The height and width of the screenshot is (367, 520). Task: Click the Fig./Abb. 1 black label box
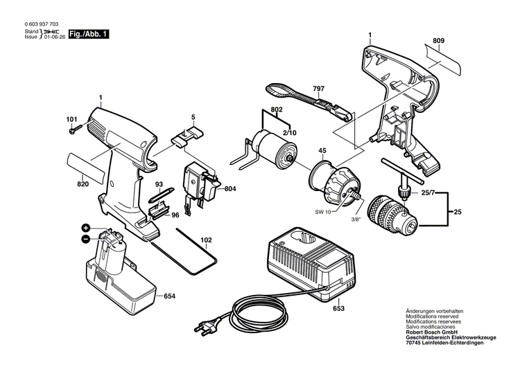coord(89,34)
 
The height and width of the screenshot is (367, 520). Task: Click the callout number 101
coord(71,119)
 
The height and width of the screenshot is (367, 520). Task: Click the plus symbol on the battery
coord(86,228)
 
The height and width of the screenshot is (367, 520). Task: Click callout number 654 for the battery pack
coord(169,296)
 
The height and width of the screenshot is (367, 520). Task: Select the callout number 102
coord(206,241)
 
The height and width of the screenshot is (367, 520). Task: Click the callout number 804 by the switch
coord(230,188)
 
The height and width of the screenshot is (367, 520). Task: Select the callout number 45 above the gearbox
coord(322,152)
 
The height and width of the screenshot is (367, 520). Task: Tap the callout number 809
coord(438,41)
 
